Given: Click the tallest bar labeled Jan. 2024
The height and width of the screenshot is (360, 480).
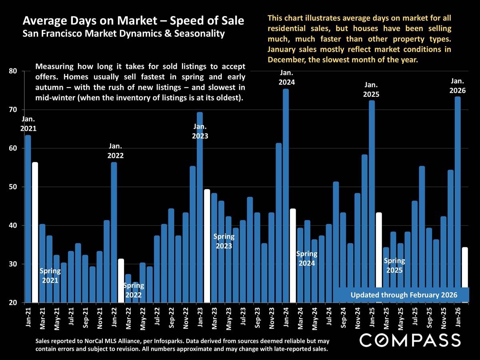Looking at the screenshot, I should pyautogui.click(x=286, y=196).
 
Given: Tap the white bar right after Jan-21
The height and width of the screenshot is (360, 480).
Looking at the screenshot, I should pyautogui.click(x=35, y=232).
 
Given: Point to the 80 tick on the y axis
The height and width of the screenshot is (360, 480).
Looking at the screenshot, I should pyautogui.click(x=14, y=71).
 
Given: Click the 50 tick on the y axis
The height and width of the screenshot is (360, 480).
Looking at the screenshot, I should pyautogui.click(x=14, y=187).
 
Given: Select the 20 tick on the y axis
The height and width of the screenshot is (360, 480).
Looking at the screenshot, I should pyautogui.click(x=14, y=303).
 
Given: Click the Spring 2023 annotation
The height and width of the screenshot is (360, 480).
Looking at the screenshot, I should pyautogui.click(x=224, y=241).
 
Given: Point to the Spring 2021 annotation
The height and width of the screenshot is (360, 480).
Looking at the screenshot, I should pyautogui.click(x=50, y=276).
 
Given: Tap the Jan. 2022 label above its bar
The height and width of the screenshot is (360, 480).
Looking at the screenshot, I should pyautogui.click(x=115, y=151).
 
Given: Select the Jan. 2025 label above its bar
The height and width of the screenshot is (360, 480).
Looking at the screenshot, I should pyautogui.click(x=371, y=90).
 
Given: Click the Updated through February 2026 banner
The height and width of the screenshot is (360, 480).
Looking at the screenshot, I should pyautogui.click(x=403, y=295).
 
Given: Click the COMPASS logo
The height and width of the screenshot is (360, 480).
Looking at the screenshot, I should pyautogui.click(x=410, y=340).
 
